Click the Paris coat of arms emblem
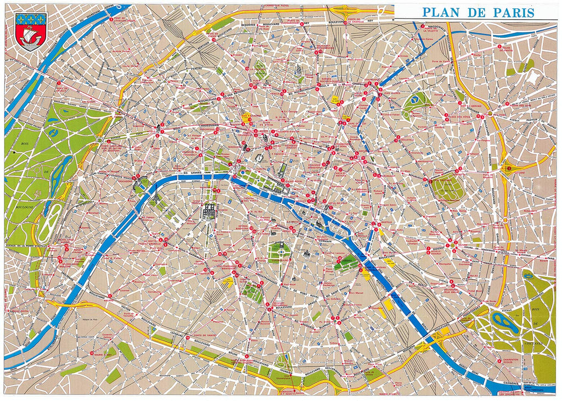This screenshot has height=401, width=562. coord(31,31)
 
